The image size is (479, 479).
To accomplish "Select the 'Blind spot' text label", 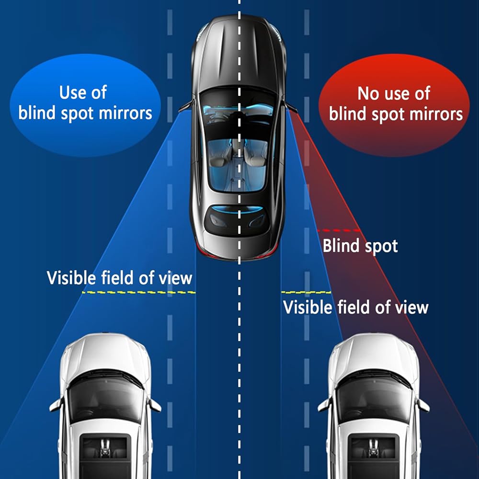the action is pyautogui.click(x=360, y=246).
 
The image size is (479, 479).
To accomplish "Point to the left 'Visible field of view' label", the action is pyautogui.click(x=119, y=277).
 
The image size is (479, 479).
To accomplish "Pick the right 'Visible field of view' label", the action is pyautogui.click(x=356, y=307).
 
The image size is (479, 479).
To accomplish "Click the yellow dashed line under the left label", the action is pyautogui.click(x=138, y=292).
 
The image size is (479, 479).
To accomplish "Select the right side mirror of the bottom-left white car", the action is pyautogui.click(x=155, y=405).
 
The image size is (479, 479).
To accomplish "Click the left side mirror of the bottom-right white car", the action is pyautogui.click(x=324, y=405).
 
